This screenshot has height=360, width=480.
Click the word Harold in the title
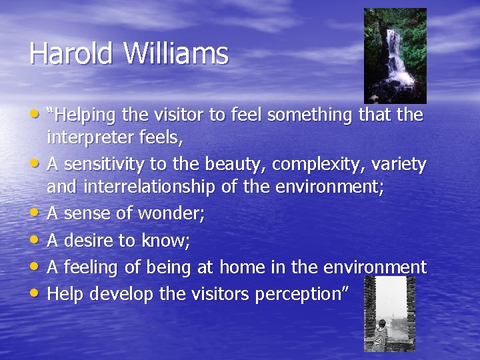coord(61,53)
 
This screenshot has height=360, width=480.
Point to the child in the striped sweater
coord(381,333)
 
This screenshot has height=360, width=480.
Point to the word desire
coord(89,240)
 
